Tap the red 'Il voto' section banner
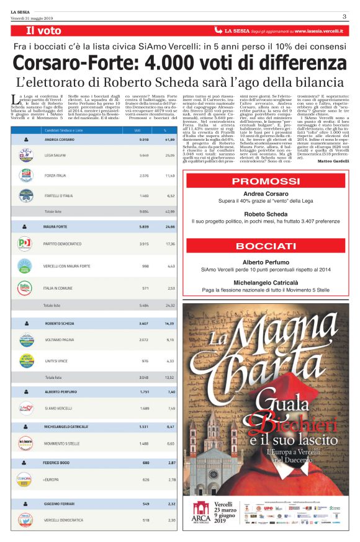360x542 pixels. click(43, 30)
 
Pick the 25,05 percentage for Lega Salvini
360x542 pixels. click(168, 156)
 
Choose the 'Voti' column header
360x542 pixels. click(137, 131)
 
